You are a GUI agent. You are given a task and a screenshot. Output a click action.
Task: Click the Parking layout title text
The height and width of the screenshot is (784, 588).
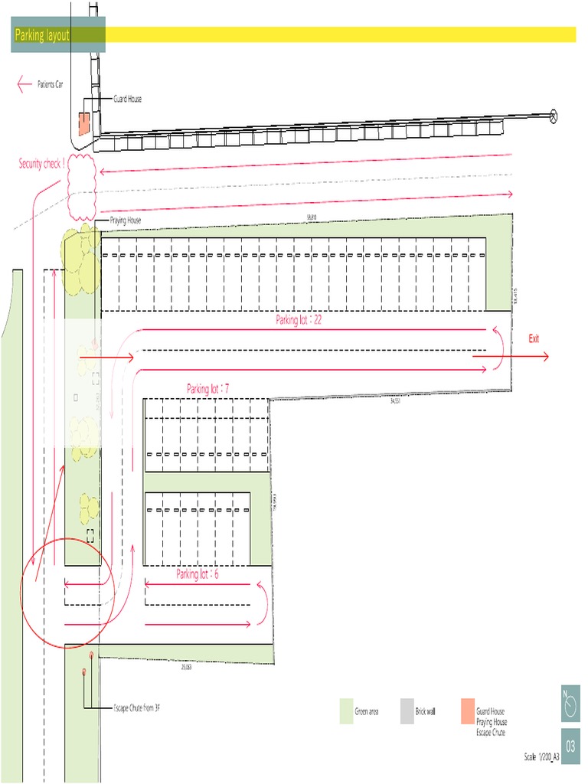pos(42,35)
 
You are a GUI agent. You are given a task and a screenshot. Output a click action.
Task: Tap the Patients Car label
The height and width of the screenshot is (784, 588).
pos(55,84)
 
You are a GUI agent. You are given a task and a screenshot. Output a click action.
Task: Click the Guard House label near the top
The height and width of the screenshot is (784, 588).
pos(127,99)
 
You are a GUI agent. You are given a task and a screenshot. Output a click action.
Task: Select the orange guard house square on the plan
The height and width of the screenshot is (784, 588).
pos(83,122)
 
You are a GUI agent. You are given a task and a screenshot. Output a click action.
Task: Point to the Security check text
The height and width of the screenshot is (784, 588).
pos(42,163)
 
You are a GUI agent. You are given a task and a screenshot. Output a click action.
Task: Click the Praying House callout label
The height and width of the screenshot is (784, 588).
pos(126,220)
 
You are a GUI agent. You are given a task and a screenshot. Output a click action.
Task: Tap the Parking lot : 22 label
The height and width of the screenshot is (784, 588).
pos(299,320)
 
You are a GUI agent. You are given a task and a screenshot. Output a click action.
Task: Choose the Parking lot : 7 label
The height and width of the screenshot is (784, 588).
pos(208,389)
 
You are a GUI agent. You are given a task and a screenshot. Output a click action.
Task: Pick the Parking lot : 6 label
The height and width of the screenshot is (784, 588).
pos(198,574)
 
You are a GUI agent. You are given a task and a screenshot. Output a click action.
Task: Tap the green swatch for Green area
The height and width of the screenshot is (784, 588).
pos(345,711)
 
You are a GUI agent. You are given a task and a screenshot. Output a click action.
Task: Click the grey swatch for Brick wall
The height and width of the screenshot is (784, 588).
pos(406,711)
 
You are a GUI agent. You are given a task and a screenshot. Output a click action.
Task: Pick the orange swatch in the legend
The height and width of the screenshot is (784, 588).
pos(467,711)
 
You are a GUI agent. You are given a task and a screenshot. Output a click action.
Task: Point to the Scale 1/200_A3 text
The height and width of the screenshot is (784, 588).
pos(541,757)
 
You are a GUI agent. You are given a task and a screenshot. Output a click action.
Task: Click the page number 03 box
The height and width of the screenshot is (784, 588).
pos(570,746)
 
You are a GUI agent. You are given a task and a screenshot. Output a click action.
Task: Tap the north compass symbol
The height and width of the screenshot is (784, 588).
pos(570,704)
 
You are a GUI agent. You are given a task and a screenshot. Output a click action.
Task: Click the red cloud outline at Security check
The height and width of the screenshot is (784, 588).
pos(81,186)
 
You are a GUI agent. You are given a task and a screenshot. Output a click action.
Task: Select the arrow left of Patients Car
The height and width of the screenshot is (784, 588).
pos(24,84)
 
